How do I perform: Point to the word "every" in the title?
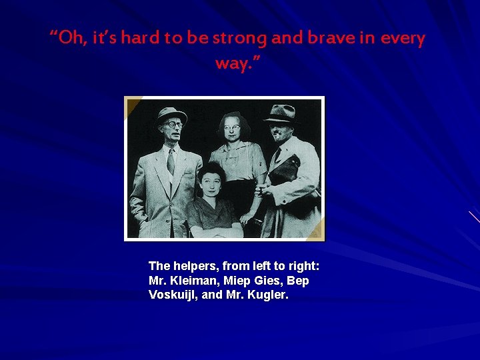(403, 39)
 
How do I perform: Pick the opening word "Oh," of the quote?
(69, 39)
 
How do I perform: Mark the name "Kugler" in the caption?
(267, 295)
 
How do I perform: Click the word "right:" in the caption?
(303, 266)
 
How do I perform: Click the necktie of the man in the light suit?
(171, 161)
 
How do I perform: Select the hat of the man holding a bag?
(281, 113)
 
